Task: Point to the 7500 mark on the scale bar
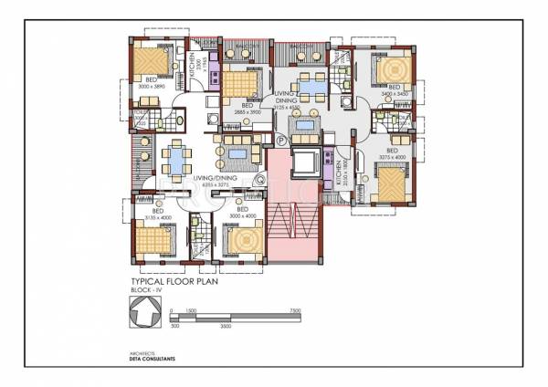(x=295, y=310)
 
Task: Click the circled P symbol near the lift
(x=281, y=140)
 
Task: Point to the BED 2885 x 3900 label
(x=244, y=108)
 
